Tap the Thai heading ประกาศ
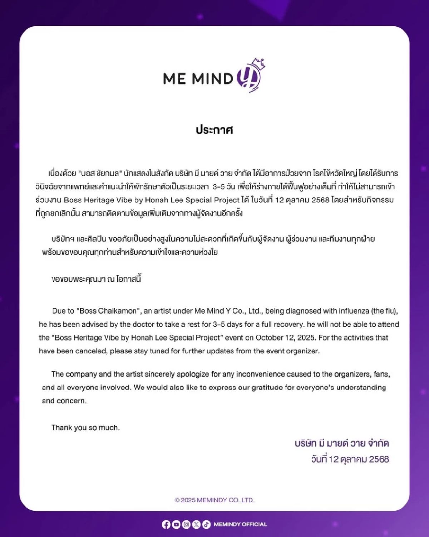pos(214,129)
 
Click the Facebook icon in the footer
pos(166,524)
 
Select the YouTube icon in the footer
pos(176,524)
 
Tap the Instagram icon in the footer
pos(186,524)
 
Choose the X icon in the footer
pos(196,524)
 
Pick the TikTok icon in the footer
pos(206,524)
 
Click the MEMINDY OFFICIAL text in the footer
pos(240,524)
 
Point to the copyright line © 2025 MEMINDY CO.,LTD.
pos(214,500)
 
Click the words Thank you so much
pos(85,427)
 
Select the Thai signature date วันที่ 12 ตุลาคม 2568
pos(350,459)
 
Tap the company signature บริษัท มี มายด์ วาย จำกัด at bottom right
pos(342,444)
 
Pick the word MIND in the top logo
pos(213,79)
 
